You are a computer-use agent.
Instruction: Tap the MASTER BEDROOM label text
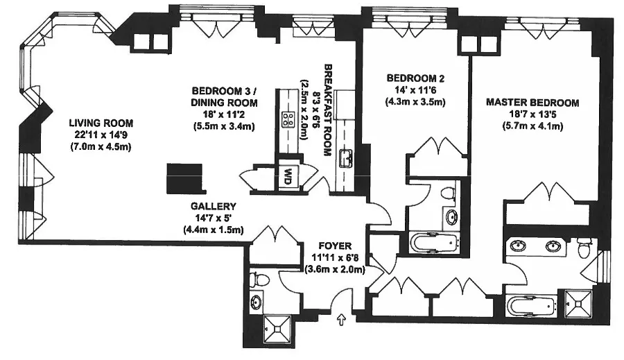532,103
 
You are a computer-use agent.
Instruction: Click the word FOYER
335,246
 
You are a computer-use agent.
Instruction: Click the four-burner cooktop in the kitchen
286,119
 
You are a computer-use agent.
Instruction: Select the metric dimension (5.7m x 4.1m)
532,126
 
